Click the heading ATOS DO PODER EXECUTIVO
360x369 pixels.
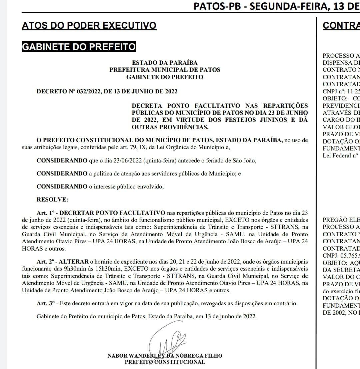pos(89,25)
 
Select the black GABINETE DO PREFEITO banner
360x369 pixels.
pos(79,47)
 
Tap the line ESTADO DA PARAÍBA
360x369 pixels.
pos(165,63)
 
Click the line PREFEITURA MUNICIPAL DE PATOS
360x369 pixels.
pos(165,70)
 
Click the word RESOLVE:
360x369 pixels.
pos(52,200)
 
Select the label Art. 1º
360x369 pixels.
pos(46,213)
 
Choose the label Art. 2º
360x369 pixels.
pos(46,262)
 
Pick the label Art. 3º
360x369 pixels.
pos(46,304)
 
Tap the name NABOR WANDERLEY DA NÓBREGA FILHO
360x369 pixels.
pos(165,356)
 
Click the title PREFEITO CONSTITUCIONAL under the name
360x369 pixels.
pos(165,362)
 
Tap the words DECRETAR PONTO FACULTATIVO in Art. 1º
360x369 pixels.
pos(112,213)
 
